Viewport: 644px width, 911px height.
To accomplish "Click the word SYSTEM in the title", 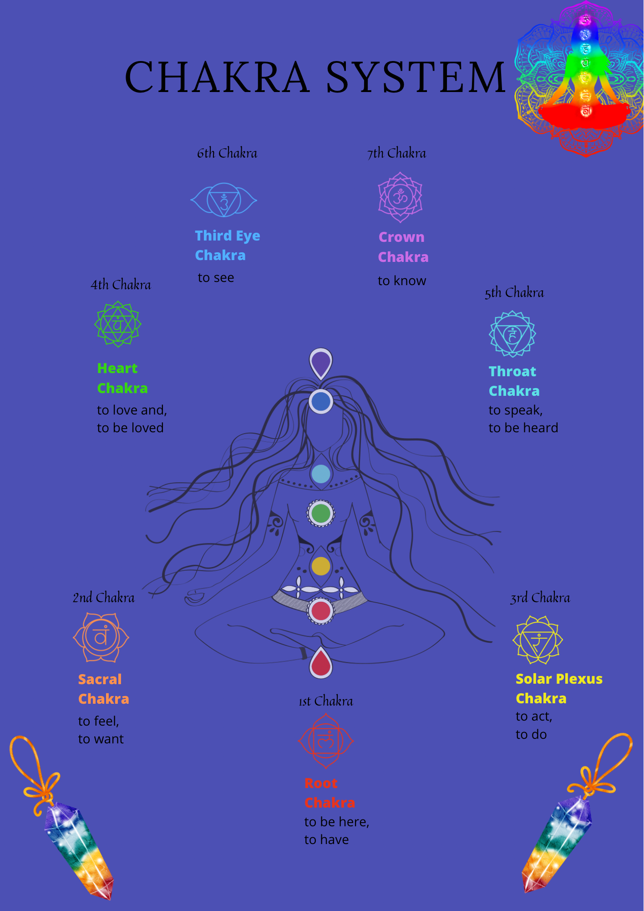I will pyautogui.click(x=415, y=77).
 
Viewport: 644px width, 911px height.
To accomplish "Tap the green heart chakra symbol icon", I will pyautogui.click(x=118, y=324).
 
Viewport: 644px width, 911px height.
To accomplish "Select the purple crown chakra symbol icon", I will pyautogui.click(x=401, y=197).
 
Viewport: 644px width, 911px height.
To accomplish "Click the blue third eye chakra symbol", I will pyautogui.click(x=223, y=200).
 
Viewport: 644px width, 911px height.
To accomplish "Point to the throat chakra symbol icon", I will pyautogui.click(x=512, y=334).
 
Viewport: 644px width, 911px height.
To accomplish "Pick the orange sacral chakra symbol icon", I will pyautogui.click(x=101, y=637).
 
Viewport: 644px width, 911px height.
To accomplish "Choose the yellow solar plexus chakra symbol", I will pyautogui.click(x=538, y=640).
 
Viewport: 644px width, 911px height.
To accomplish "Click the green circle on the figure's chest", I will pyautogui.click(x=321, y=513).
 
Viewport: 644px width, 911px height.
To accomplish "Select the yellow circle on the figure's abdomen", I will pyautogui.click(x=321, y=566).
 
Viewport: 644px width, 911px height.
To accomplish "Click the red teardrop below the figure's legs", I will pyautogui.click(x=321, y=663).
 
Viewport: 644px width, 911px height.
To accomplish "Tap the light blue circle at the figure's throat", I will pyautogui.click(x=321, y=474).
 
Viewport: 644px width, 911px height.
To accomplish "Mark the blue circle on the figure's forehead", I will pyautogui.click(x=321, y=401).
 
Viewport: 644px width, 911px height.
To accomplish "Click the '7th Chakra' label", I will pyautogui.click(x=397, y=154).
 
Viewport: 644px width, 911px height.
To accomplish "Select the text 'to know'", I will pyautogui.click(x=402, y=281).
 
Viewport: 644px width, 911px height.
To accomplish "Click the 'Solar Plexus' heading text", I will pyautogui.click(x=559, y=679).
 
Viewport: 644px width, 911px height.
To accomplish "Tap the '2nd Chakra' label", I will pyautogui.click(x=104, y=598).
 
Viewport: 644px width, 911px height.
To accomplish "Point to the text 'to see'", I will pyautogui.click(x=216, y=278).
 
